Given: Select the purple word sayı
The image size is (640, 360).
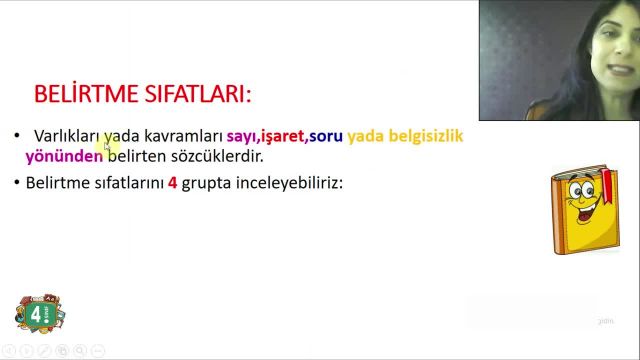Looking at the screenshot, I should [241, 135].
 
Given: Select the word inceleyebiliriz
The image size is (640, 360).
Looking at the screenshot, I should [290, 184].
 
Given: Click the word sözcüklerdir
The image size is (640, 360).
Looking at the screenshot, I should [219, 156].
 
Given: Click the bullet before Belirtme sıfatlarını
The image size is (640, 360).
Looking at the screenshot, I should [17, 184].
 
